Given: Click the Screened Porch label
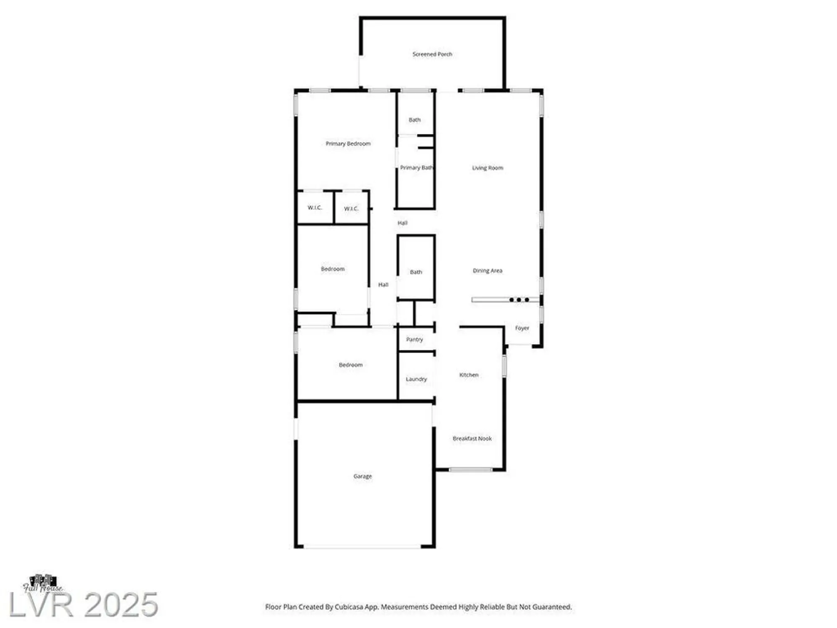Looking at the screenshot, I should pos(432,54).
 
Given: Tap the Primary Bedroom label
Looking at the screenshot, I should pos(348,144).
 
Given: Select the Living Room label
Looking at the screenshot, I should pos(488,168).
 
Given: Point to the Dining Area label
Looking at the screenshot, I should pos(488,270).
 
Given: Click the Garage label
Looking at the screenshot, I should pos(362,476).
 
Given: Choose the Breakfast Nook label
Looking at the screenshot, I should pos(472,438).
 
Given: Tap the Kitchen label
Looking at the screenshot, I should pos(469,375).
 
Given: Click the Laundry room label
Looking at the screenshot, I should pos(416,379).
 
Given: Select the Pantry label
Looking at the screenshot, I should pos(414,339).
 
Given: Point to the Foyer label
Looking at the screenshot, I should pos(522,328).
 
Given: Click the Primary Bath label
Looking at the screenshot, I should pos(416,167).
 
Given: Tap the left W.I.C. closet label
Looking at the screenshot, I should pos(315,208).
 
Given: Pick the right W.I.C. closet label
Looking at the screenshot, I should pos(351,208).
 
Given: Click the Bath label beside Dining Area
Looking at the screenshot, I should pos(416,272).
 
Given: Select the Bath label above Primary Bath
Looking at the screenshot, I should pos(415,120).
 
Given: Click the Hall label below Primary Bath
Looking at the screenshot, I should pos(402,223).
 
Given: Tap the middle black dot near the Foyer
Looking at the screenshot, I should pos(519,300).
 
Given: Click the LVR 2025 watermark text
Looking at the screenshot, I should pos(84,604).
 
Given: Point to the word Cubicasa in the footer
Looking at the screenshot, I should pos(351,607).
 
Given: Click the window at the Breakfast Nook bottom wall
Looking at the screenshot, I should pos(470,470).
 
